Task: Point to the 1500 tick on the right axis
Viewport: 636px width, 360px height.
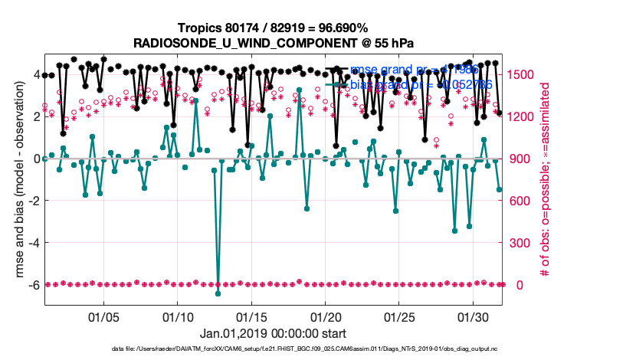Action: pyautogui.click(x=521, y=74)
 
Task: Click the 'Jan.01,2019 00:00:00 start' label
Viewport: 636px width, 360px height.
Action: pyautogui.click(x=273, y=334)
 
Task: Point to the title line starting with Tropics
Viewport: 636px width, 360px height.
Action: pyautogui.click(x=273, y=28)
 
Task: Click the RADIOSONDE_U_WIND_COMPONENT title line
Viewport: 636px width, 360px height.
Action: pyautogui.click(x=273, y=42)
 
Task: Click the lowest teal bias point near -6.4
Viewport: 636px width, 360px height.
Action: pyautogui.click(x=218, y=293)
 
